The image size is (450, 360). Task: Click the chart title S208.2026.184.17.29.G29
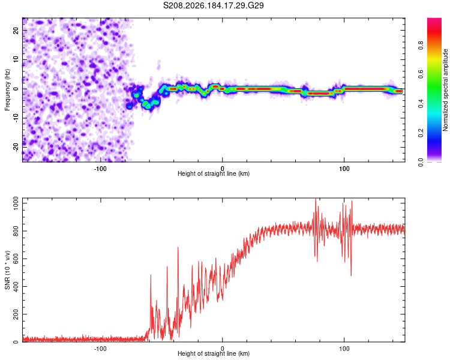tap(213, 5)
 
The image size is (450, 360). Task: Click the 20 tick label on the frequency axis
tap(16, 30)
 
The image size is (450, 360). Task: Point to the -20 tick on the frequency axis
tap(16, 147)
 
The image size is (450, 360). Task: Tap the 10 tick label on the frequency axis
tap(16, 59)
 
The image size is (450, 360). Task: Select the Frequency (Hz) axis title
tap(7, 90)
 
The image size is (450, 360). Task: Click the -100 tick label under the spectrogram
tap(100, 169)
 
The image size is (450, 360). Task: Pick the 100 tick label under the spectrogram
tap(344, 169)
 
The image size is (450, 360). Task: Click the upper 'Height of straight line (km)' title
tap(214, 173)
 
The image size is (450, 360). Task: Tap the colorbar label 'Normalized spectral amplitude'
tap(445, 90)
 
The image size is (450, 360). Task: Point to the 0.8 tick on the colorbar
tap(421, 45)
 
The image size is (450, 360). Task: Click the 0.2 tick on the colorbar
tap(421, 133)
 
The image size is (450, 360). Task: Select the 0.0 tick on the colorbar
tap(421, 162)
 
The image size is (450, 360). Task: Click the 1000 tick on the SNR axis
tap(16, 203)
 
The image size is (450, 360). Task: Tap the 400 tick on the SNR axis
tap(16, 287)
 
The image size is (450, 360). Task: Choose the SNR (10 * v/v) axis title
tap(7, 270)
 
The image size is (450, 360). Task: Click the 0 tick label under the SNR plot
tap(222, 349)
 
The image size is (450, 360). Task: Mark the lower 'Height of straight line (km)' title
tap(214, 353)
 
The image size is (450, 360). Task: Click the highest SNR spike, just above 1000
tap(316, 199)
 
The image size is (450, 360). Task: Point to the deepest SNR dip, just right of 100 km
tap(351, 275)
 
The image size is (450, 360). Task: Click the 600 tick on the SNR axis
tap(16, 259)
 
